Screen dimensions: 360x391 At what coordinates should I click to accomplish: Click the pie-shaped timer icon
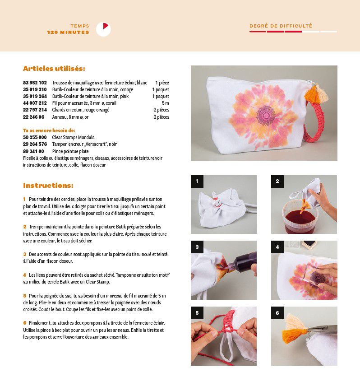(x=103, y=29)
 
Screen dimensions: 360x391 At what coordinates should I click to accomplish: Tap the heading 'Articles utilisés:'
(x=54, y=68)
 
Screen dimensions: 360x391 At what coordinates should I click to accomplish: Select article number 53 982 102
(x=35, y=83)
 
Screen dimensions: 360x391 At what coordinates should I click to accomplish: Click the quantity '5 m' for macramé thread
(x=166, y=103)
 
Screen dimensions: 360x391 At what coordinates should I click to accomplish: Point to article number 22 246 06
(x=34, y=117)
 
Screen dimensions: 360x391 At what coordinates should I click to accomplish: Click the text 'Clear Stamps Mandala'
(x=73, y=137)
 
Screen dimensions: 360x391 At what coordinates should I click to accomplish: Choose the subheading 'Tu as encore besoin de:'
(x=49, y=130)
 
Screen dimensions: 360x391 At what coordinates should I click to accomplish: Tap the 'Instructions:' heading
(x=48, y=185)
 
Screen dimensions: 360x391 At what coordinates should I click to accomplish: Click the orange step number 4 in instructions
(x=25, y=275)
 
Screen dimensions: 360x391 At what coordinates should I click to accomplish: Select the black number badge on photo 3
(x=197, y=247)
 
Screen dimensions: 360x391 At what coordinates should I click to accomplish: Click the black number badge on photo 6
(x=277, y=313)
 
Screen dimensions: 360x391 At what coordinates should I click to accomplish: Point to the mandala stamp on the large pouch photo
(x=266, y=115)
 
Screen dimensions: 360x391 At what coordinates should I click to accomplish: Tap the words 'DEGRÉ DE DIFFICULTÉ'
(x=281, y=26)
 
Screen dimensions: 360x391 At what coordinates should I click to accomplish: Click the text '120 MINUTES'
(x=68, y=33)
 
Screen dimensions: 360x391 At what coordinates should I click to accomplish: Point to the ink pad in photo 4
(x=309, y=244)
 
